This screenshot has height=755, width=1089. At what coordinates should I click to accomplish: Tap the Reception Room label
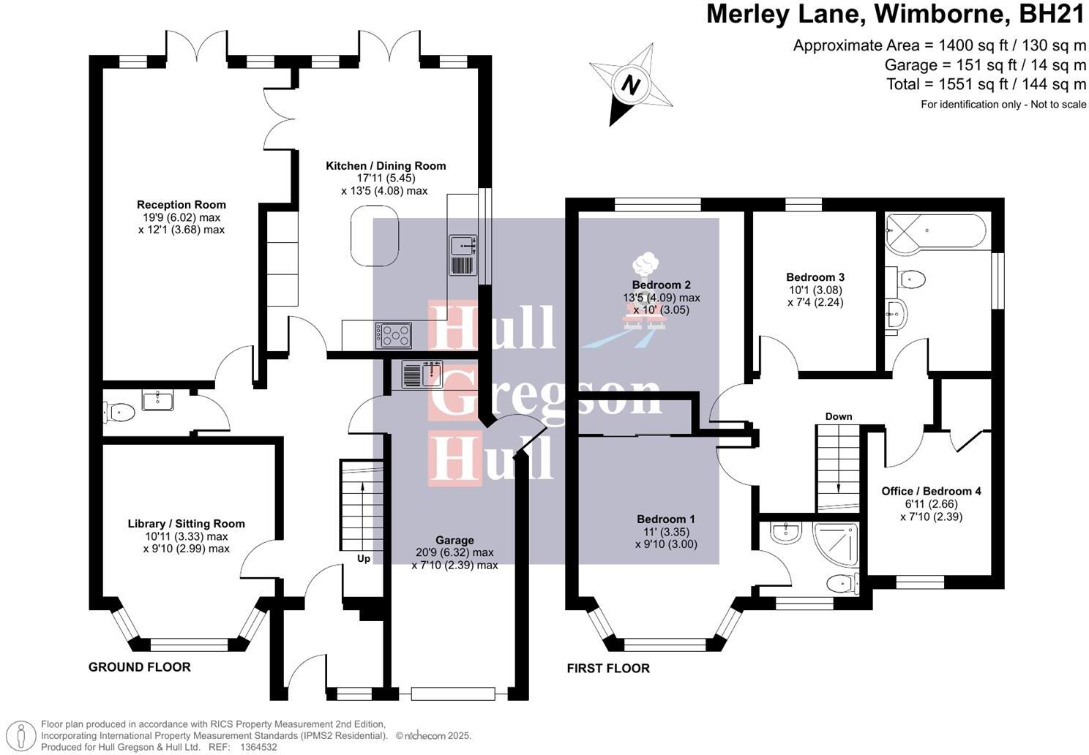point(181,205)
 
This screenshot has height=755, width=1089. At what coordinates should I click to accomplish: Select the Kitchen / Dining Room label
point(386,166)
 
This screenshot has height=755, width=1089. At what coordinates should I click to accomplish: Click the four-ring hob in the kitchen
point(394,336)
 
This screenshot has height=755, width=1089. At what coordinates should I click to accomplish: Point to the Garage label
point(454,541)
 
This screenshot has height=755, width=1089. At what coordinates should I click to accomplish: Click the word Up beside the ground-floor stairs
point(364,559)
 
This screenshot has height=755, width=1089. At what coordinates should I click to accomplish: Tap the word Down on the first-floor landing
point(839,416)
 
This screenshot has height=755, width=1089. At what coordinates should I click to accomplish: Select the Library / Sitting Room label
point(186,524)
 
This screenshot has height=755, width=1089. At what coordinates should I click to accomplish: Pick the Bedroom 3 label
point(815,277)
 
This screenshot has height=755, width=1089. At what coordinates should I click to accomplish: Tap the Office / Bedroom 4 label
point(931,491)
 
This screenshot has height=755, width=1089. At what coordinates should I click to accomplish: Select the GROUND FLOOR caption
point(139,667)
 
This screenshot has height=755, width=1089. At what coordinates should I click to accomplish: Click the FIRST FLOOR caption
point(608,669)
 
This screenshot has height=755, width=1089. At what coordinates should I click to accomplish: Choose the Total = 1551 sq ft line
point(986,84)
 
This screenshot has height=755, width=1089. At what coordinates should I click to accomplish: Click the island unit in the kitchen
point(375,236)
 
